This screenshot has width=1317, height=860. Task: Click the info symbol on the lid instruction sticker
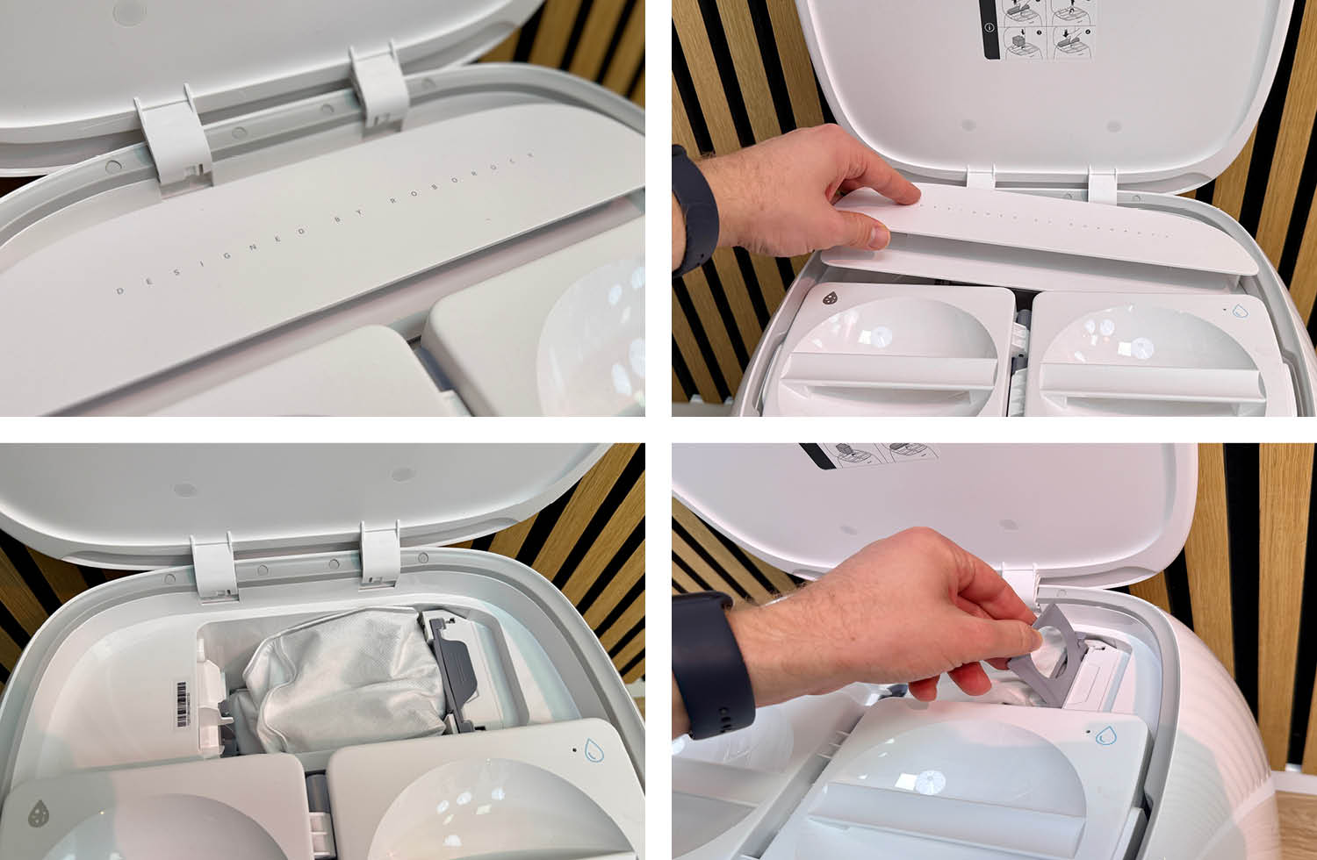pos(990,27)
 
